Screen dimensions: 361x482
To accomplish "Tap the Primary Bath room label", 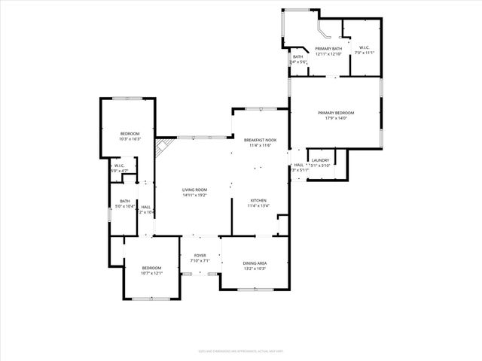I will coord(328,49).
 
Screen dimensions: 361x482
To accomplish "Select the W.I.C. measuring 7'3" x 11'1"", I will coord(365,49).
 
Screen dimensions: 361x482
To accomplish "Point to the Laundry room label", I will coord(321,160).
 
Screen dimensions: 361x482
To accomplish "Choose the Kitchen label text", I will coord(258,201).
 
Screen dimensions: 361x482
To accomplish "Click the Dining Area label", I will coord(254,263).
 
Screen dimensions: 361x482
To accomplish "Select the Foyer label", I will coord(200,256).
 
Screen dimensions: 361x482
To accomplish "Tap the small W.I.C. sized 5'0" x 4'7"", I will coord(119,166).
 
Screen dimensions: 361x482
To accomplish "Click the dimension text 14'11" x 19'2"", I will coord(195,195).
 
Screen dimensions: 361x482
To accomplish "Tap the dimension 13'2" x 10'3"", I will coord(254,268).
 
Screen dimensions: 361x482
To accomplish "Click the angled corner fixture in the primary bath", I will coord(322,34).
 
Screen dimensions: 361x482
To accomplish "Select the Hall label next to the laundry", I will coord(298,165).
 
